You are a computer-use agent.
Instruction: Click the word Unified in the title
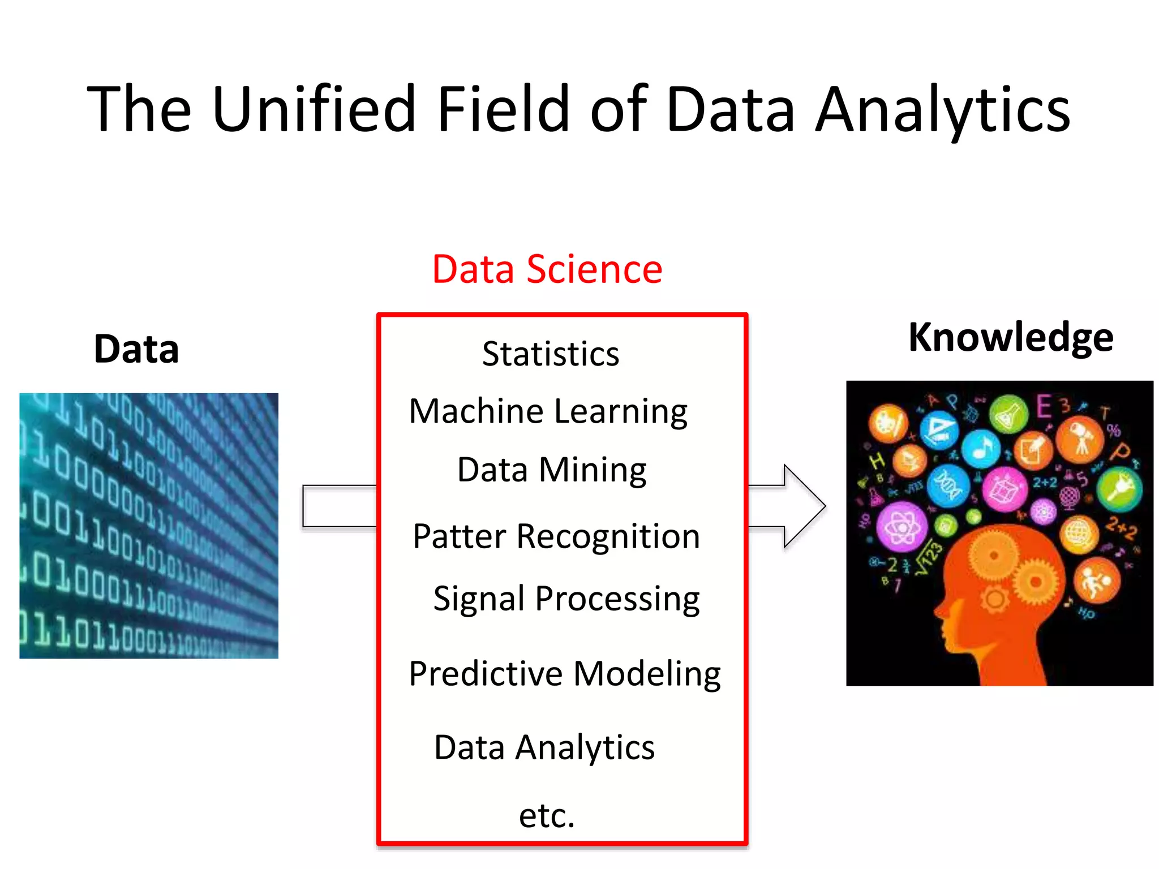click(x=314, y=109)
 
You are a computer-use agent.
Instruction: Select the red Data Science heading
click(x=547, y=269)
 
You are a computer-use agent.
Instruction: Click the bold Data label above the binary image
click(x=136, y=349)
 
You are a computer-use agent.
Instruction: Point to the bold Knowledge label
click(x=1011, y=338)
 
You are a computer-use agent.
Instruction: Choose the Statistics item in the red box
click(x=551, y=354)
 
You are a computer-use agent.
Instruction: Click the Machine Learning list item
click(x=548, y=411)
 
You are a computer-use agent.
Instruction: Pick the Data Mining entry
click(x=552, y=470)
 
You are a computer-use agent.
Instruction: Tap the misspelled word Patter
click(x=459, y=536)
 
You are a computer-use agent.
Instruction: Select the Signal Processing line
click(x=566, y=599)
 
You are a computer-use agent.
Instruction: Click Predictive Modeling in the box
click(x=564, y=674)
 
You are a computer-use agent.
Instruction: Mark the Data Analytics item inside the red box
click(x=544, y=747)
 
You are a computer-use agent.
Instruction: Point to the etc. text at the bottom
click(x=547, y=815)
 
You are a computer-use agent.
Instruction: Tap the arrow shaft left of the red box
click(x=340, y=506)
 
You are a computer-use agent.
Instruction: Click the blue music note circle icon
click(x=981, y=449)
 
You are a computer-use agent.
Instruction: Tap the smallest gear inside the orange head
click(x=994, y=599)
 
